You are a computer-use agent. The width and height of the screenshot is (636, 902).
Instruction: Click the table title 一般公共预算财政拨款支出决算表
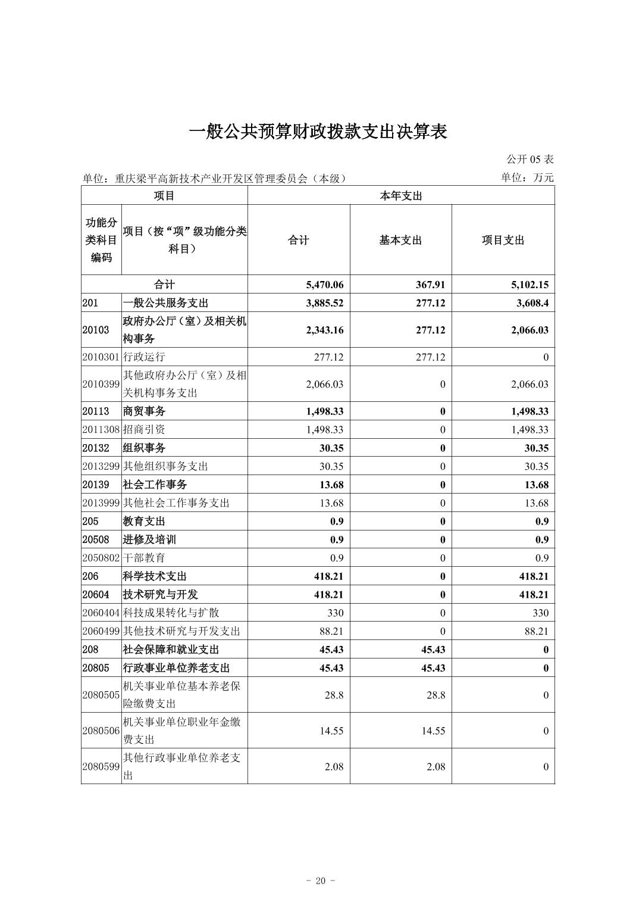[x=318, y=132]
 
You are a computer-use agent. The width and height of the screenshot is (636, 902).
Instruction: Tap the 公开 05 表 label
[x=530, y=159]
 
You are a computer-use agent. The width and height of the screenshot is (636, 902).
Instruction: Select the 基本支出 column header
[x=400, y=241]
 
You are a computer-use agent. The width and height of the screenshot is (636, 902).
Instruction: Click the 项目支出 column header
[x=503, y=241]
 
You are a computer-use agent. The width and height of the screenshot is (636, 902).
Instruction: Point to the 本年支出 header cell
[x=400, y=196]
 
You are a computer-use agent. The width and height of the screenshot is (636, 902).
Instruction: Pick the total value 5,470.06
[x=324, y=285]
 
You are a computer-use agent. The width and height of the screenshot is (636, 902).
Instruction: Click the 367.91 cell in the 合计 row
[x=430, y=285]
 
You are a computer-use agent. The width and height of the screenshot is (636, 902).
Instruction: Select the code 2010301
[x=101, y=357]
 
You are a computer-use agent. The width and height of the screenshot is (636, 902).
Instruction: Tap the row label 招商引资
[x=144, y=429]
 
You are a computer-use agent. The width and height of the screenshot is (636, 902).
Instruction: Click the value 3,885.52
[x=324, y=303]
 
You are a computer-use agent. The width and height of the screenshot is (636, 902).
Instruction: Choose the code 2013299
[x=101, y=466]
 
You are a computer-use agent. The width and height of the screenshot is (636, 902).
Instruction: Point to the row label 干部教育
[x=144, y=558]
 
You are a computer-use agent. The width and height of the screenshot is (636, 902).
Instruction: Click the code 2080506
[x=101, y=731]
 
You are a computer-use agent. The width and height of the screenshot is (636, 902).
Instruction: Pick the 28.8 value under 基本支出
[x=436, y=695]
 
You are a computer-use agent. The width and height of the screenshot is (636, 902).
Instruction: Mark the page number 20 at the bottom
[x=321, y=881]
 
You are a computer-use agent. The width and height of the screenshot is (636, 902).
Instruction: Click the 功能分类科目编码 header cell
[x=101, y=240]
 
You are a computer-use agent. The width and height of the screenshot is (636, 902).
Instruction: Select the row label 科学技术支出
[x=155, y=576]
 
